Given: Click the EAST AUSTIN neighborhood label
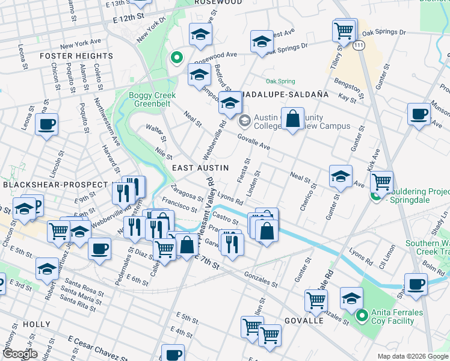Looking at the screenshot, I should coord(200,168).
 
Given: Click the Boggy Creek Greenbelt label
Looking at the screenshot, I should coord(154,100).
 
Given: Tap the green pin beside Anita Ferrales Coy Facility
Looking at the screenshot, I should coord(361,315).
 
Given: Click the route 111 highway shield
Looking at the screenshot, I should coord(359,46).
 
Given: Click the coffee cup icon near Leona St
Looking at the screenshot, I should coord(46,125).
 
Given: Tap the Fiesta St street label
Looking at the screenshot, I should coord(245,168).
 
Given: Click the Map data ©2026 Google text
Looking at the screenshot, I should coord(412,356).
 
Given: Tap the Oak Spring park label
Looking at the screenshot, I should coord(280,81).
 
